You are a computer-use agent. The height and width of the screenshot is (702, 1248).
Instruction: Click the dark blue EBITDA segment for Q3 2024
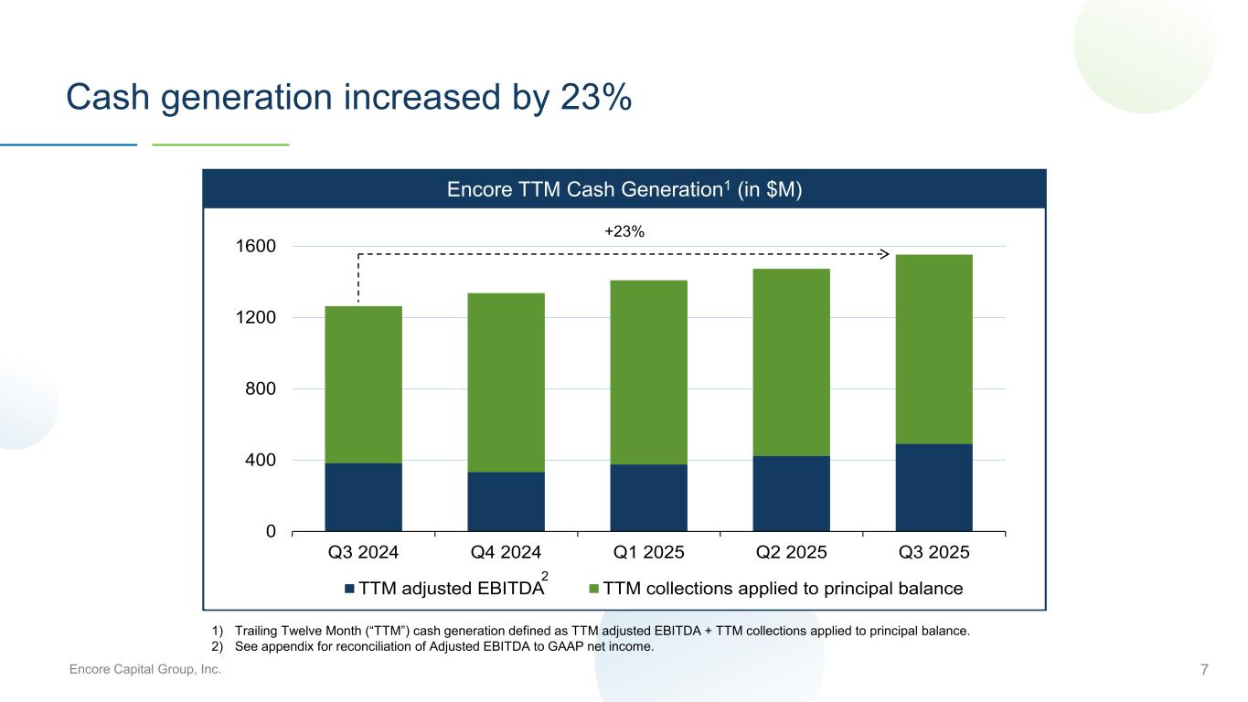pos(363,496)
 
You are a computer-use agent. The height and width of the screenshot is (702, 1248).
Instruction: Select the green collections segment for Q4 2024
pos(506,382)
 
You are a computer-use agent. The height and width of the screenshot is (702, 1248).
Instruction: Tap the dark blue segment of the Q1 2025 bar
pos(648,497)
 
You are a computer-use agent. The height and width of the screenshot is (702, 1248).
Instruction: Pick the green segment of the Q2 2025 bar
pos(791,362)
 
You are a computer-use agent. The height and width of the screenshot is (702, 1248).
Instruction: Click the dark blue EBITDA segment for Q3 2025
pos(933,487)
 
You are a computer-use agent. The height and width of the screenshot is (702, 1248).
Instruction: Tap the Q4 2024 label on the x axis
pos(506,553)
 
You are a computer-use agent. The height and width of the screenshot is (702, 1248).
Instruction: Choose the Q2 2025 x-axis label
pos(791,553)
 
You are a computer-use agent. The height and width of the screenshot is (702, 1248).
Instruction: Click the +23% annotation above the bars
pos(624,232)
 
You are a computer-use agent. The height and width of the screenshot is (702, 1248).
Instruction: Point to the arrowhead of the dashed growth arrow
pos(884,253)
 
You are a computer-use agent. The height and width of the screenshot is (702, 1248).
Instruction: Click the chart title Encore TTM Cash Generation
pos(624,190)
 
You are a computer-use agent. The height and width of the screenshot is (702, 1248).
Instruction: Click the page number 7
pos(1204,671)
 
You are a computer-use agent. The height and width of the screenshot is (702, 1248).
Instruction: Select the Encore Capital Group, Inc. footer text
pos(146,671)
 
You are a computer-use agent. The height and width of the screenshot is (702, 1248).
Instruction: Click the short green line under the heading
pos(220,144)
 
